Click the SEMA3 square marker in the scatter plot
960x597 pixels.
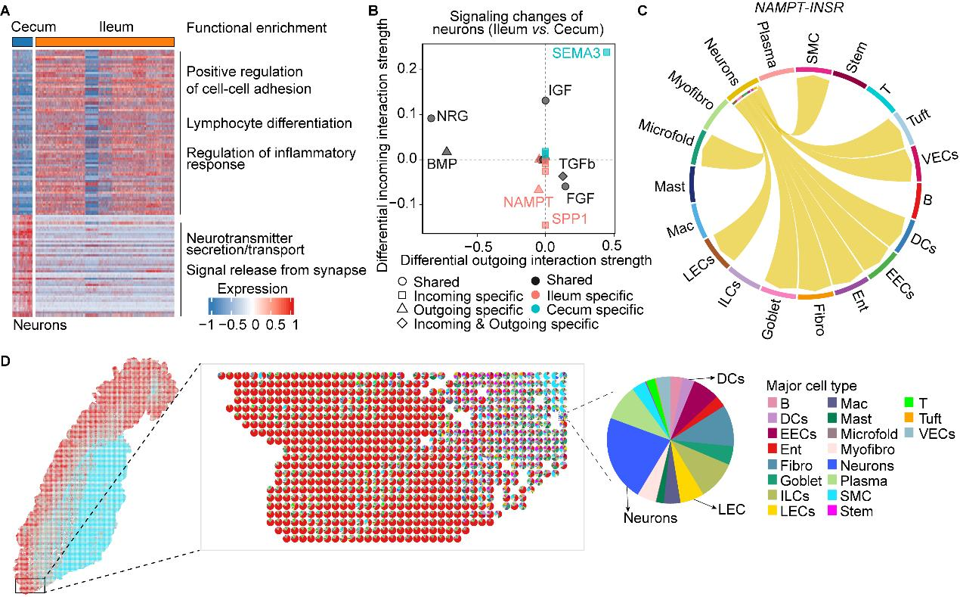point(606,52)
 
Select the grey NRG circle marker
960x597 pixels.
point(431,118)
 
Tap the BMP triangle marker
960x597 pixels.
point(447,151)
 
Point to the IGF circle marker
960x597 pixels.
point(546,100)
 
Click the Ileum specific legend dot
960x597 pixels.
point(534,295)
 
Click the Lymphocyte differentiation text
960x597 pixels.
point(269,123)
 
